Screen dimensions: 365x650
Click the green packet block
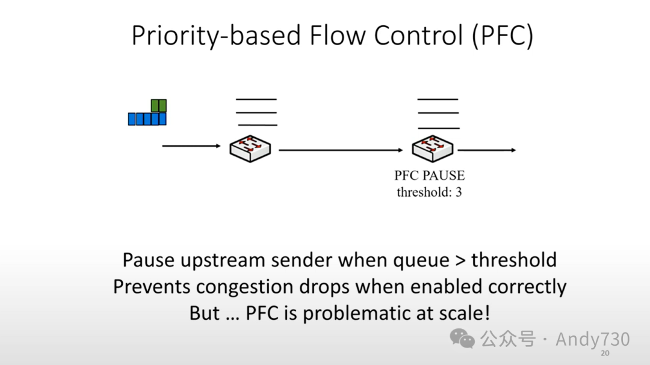158,106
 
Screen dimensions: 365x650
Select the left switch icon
250,147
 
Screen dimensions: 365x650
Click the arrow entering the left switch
192,146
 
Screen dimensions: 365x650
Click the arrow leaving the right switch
487,150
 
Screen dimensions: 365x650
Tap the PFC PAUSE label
430,176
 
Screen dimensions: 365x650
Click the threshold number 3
458,192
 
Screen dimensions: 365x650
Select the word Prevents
152,287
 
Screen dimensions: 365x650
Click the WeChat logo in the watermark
463,338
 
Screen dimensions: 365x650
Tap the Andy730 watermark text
592,339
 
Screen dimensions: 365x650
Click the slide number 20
605,353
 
